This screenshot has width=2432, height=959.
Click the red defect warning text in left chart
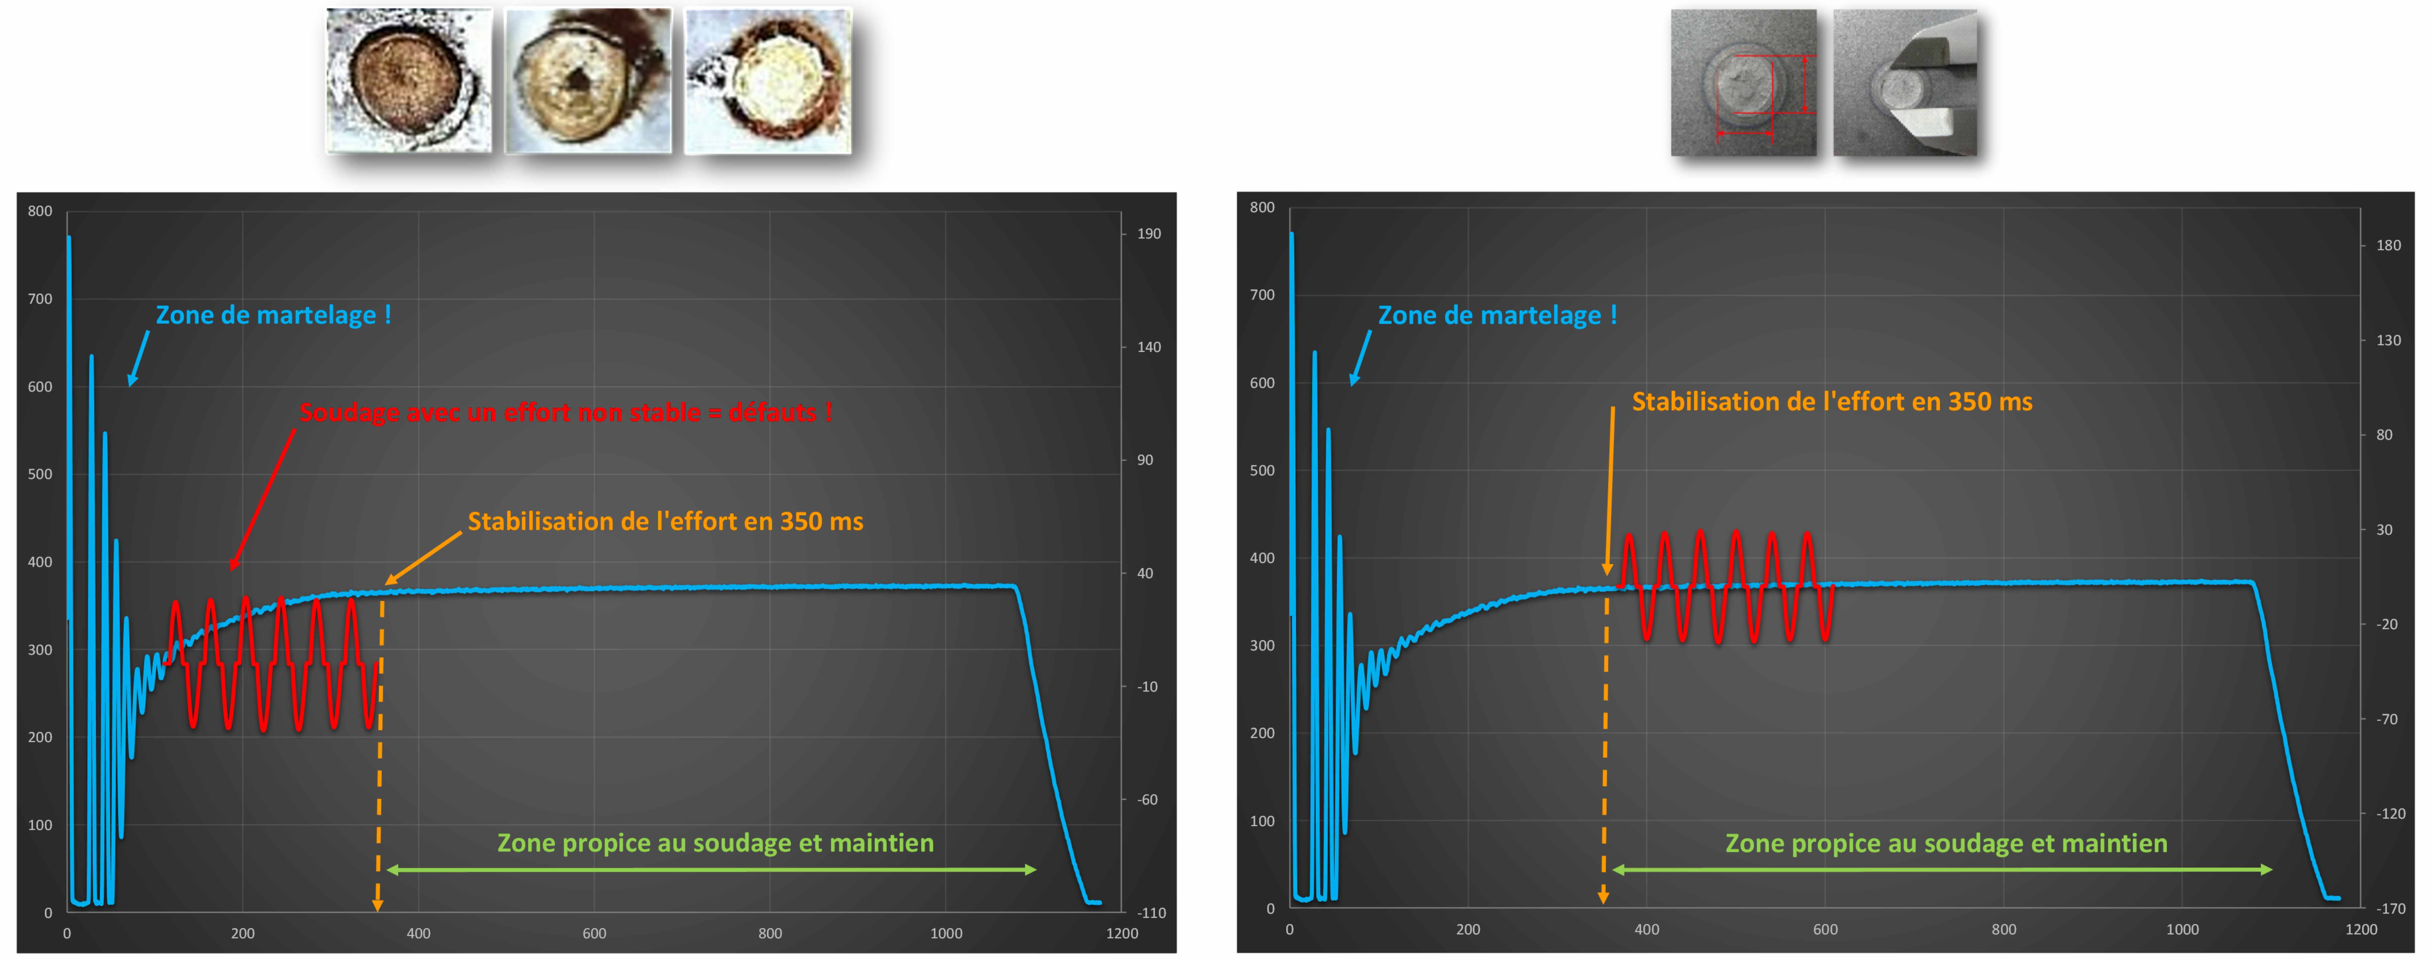565,413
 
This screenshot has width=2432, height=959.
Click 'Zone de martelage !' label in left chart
273,315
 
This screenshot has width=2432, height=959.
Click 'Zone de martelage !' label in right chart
1497,315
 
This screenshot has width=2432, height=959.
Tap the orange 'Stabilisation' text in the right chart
1832,402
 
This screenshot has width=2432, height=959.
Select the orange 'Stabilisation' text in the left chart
666,522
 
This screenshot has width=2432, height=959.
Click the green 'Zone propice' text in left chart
716,843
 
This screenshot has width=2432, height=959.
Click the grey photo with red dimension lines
1743,83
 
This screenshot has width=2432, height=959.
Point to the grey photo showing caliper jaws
1905,83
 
